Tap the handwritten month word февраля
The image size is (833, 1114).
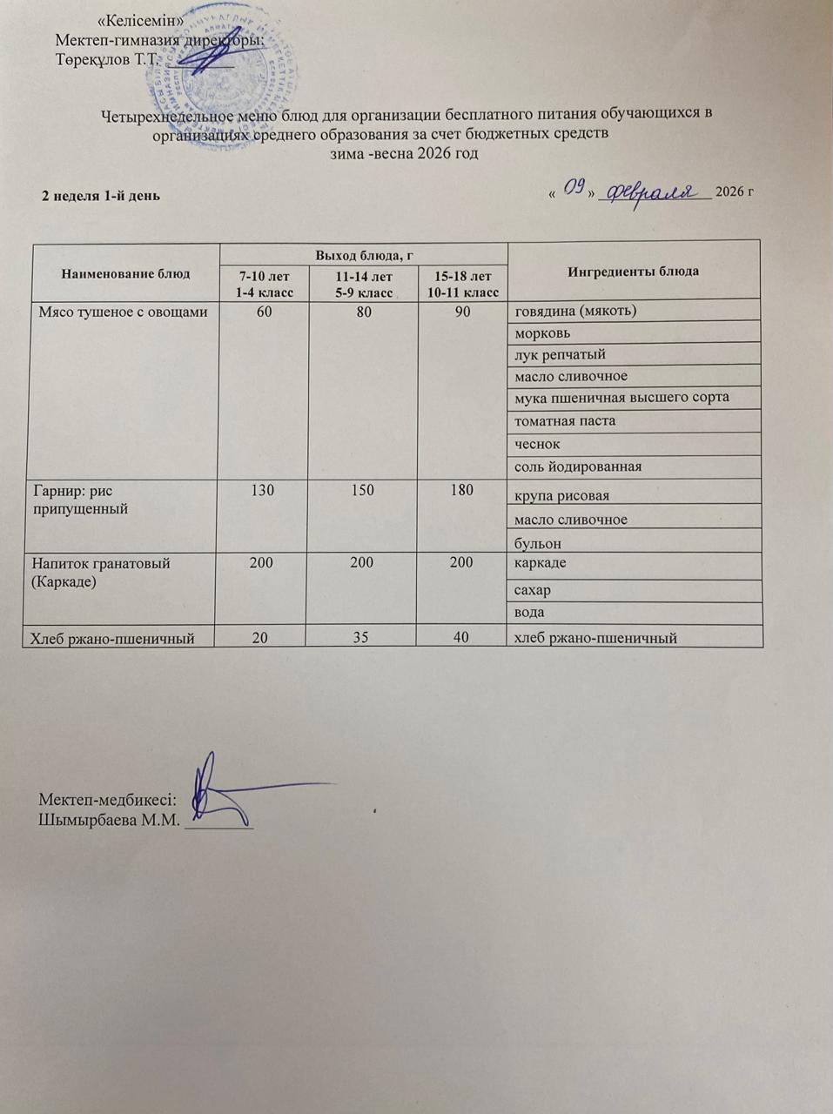[x=653, y=191]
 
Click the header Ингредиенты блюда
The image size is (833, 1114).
[x=633, y=271]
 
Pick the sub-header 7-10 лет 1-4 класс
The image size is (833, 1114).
[x=264, y=285]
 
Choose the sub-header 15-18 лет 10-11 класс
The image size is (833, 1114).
[x=462, y=285]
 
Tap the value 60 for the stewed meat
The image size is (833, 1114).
[x=263, y=312]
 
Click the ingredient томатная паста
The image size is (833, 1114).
[x=565, y=420]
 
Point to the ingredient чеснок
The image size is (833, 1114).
[x=537, y=444]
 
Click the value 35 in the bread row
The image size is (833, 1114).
[x=362, y=638]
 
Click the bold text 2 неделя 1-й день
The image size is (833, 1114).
[x=102, y=194]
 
